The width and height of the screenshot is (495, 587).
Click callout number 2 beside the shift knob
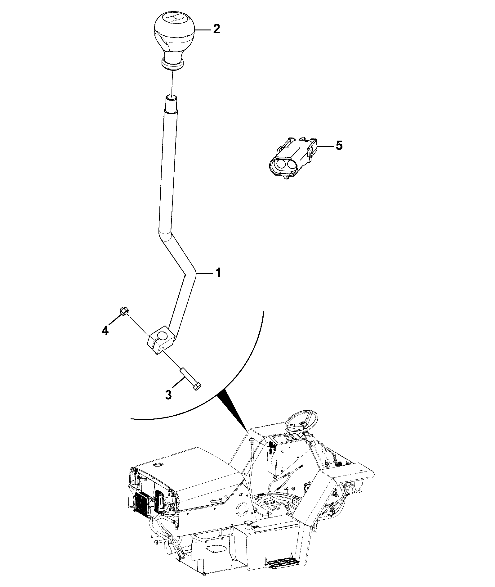pyautogui.click(x=216, y=29)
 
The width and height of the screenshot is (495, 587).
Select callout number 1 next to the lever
pyautogui.click(x=218, y=273)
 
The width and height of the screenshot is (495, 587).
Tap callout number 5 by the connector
pyautogui.click(x=339, y=145)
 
